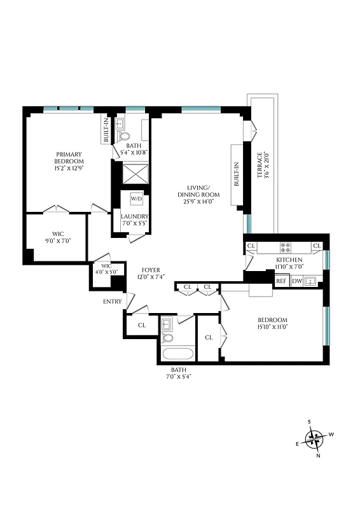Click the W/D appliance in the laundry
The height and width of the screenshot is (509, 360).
coord(136,199)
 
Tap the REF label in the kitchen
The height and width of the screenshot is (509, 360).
coord(280,281)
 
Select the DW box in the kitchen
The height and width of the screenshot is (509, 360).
coord(296,281)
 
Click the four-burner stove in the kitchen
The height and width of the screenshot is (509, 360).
coord(286,247)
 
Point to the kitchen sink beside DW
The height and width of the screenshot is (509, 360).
coord(312,281)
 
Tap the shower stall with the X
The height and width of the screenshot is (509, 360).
coord(134,173)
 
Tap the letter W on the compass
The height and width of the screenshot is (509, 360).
coord(331,435)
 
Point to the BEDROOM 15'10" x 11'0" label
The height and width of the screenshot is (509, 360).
coord(272,323)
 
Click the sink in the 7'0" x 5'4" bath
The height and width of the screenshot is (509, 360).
coord(167,324)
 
